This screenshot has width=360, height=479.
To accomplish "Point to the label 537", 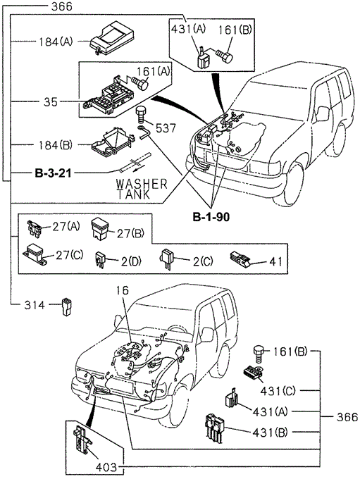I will point(167,128).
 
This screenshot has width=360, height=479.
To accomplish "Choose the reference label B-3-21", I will point(56,172).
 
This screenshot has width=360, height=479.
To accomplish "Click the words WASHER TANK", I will point(142,188).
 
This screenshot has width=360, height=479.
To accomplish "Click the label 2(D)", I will point(130,261).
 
